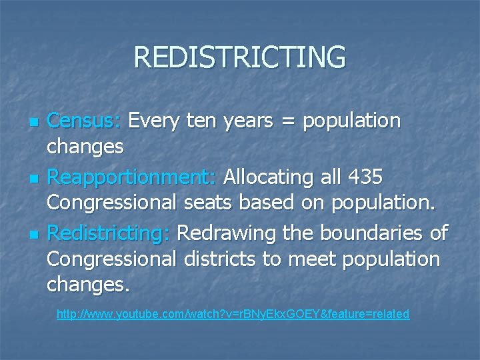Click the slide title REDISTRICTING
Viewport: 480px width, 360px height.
[x=240, y=57]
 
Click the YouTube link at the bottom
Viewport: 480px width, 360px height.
[x=233, y=313]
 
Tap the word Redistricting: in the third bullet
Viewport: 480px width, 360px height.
[x=109, y=233]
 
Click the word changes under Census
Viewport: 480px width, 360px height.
[x=85, y=147]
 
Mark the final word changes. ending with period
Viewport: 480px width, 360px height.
[x=88, y=285]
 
